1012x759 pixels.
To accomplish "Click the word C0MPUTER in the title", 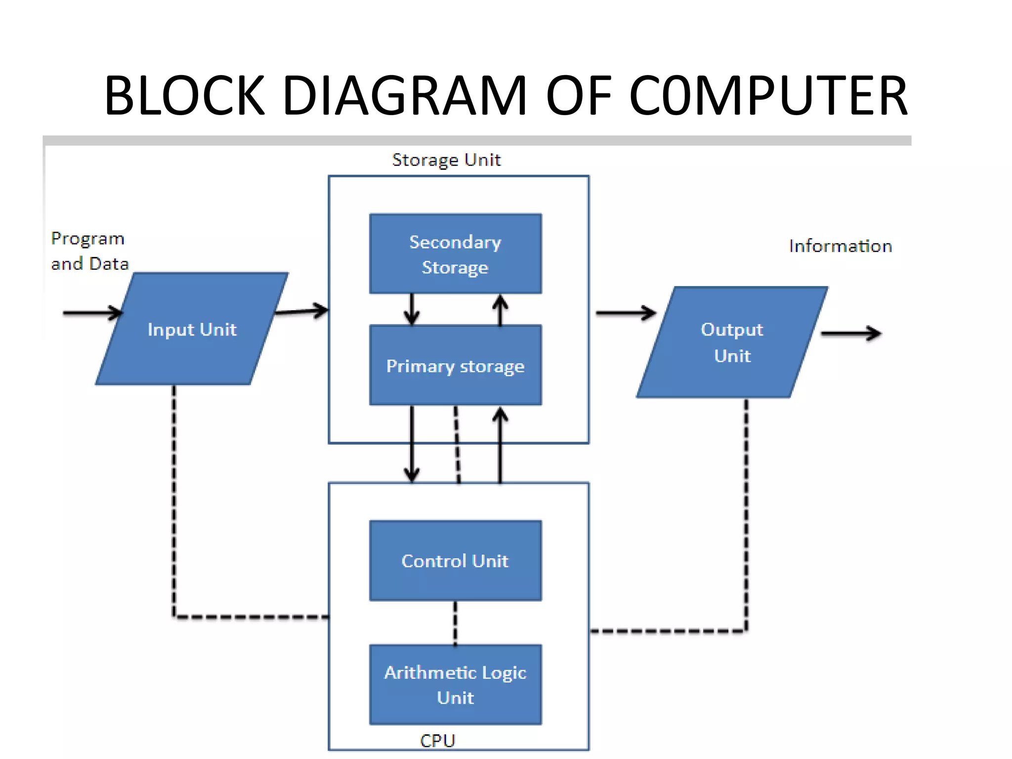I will point(768,95).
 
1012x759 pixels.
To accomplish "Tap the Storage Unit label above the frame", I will point(446,160).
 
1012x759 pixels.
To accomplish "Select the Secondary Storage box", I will point(455,254).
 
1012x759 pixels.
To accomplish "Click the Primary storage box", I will point(455,366).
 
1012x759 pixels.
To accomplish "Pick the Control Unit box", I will point(455,561).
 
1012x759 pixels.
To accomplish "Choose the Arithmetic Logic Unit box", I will point(455,685).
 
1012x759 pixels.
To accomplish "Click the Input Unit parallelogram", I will point(192,329).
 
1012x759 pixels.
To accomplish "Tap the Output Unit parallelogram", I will point(732,342).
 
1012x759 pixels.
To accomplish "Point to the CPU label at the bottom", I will point(437,740).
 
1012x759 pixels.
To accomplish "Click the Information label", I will point(840,246).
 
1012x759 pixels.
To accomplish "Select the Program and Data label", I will point(89,251).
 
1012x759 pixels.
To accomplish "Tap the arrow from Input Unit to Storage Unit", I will point(301,311).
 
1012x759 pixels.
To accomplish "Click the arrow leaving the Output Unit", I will point(850,334).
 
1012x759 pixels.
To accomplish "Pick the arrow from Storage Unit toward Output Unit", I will point(625,313).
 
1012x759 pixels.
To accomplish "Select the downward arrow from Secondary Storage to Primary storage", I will point(412,309).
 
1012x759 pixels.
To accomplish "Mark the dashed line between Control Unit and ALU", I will point(455,623).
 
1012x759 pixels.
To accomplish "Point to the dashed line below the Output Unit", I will point(746,514).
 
